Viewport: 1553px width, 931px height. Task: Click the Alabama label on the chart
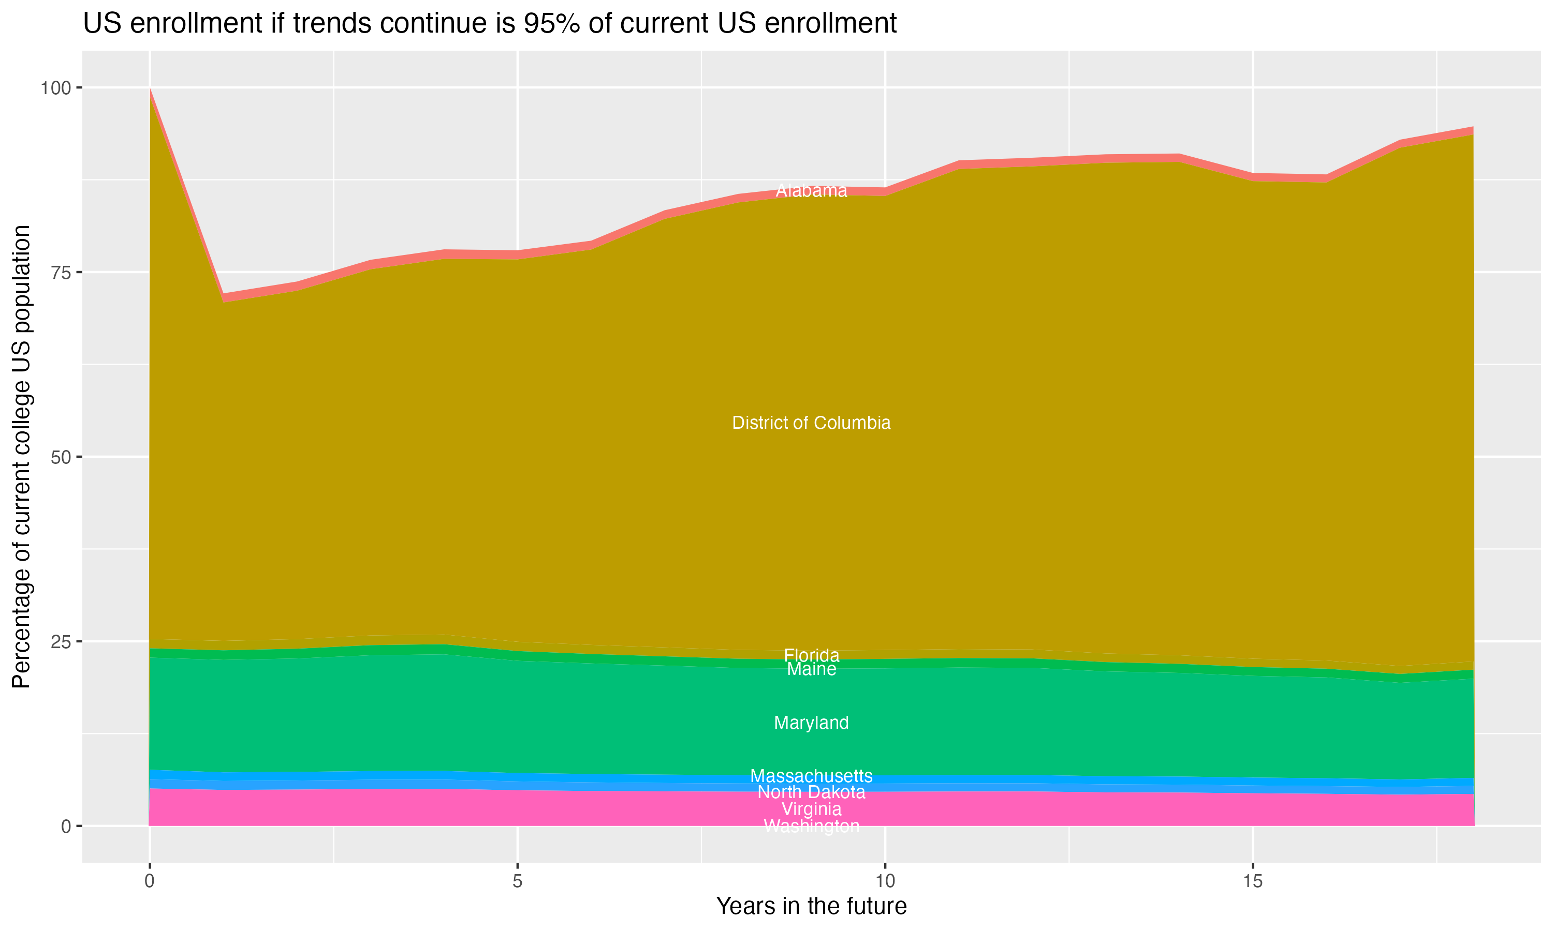pyautogui.click(x=811, y=191)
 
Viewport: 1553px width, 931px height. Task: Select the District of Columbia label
pyautogui.click(x=811, y=423)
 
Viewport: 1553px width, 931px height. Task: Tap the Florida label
pyautogui.click(x=811, y=655)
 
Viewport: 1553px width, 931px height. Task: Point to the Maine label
pyautogui.click(x=811, y=669)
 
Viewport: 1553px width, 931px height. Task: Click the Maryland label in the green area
pyautogui.click(x=811, y=723)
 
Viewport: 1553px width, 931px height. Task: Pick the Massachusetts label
pyautogui.click(x=811, y=776)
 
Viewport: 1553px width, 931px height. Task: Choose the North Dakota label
pyautogui.click(x=811, y=792)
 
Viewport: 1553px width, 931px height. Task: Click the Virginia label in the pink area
pyautogui.click(x=811, y=809)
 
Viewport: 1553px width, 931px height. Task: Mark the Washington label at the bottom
pyautogui.click(x=811, y=826)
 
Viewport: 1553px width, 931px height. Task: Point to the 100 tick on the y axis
pyautogui.click(x=55, y=88)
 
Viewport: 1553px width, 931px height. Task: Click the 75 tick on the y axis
pyautogui.click(x=60, y=272)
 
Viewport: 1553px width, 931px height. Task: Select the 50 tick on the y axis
pyautogui.click(x=60, y=457)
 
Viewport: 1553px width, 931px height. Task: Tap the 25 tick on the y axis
pyautogui.click(x=60, y=641)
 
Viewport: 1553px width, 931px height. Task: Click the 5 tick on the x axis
pyautogui.click(x=517, y=881)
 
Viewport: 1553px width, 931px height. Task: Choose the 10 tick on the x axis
pyautogui.click(x=885, y=881)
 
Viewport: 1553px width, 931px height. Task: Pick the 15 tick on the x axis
pyautogui.click(x=1252, y=881)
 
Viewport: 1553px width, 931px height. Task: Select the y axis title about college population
pyautogui.click(x=21, y=456)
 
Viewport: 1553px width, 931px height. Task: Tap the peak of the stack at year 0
pyautogui.click(x=150, y=89)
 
